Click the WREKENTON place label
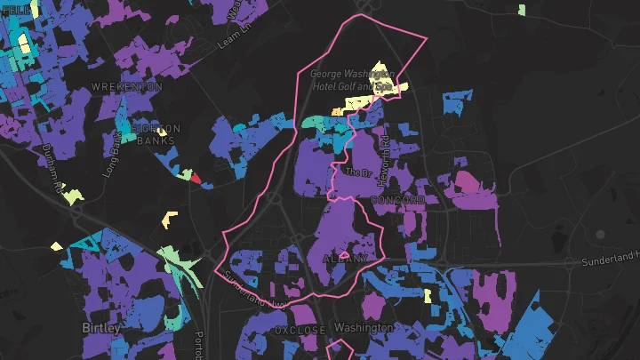coord(128,87)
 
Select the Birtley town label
coord(100,327)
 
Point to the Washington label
coord(364,327)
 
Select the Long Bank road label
coord(113,156)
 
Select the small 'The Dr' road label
coord(356,172)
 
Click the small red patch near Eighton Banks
coord(196,182)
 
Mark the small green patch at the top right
coord(522,11)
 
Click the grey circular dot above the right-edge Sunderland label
coord(600,234)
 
